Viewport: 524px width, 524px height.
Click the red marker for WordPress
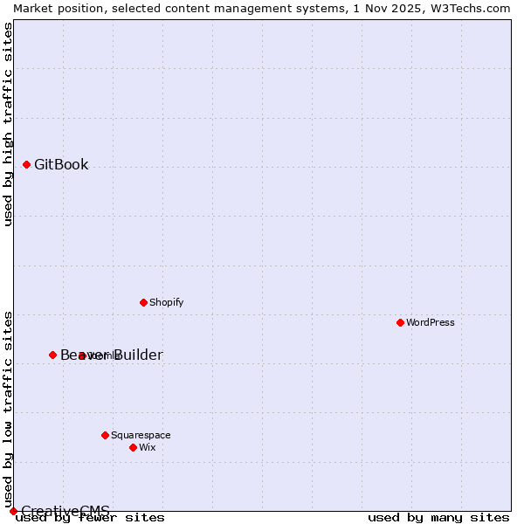400,322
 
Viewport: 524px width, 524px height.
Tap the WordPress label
431,322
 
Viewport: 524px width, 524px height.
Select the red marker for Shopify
143,302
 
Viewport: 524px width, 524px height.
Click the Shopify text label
166,302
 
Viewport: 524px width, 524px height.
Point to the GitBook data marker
26,164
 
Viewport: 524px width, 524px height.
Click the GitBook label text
61,164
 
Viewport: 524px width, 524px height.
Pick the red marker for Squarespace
105,435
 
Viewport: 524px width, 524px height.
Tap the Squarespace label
141,435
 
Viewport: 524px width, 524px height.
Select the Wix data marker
133,447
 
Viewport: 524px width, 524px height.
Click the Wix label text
147,447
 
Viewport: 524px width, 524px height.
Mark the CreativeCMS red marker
13,511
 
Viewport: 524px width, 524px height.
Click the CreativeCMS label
65,511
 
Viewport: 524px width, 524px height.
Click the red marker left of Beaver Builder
52,355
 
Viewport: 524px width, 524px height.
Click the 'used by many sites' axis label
438,517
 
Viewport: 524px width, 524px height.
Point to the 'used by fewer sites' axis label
91,517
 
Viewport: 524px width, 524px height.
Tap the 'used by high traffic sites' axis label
8,124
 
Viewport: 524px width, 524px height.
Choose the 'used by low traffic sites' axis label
8,409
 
